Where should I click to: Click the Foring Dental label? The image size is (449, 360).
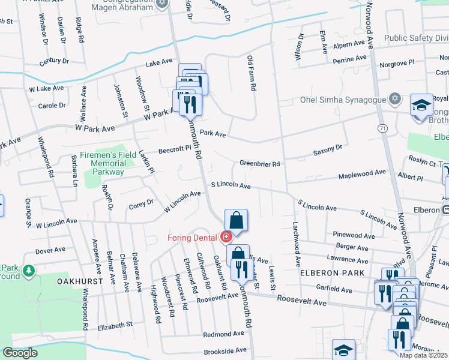[x=191, y=237]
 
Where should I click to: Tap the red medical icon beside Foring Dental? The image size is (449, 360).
[x=226, y=237]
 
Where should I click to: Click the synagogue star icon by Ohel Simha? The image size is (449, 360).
[x=394, y=98]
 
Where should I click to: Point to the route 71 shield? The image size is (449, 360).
[x=382, y=128]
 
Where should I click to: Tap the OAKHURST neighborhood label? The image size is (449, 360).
[x=77, y=281]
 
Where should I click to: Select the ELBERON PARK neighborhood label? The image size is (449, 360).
[x=332, y=273]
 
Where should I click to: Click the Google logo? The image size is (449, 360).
[x=20, y=353]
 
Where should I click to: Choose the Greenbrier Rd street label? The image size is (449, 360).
[x=260, y=163]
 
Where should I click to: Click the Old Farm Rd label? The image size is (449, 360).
[x=252, y=73]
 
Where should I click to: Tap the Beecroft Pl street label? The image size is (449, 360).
[x=174, y=150]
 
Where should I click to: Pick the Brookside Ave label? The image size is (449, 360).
[x=225, y=350]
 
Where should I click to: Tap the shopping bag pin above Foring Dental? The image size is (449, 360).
[x=237, y=220]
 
